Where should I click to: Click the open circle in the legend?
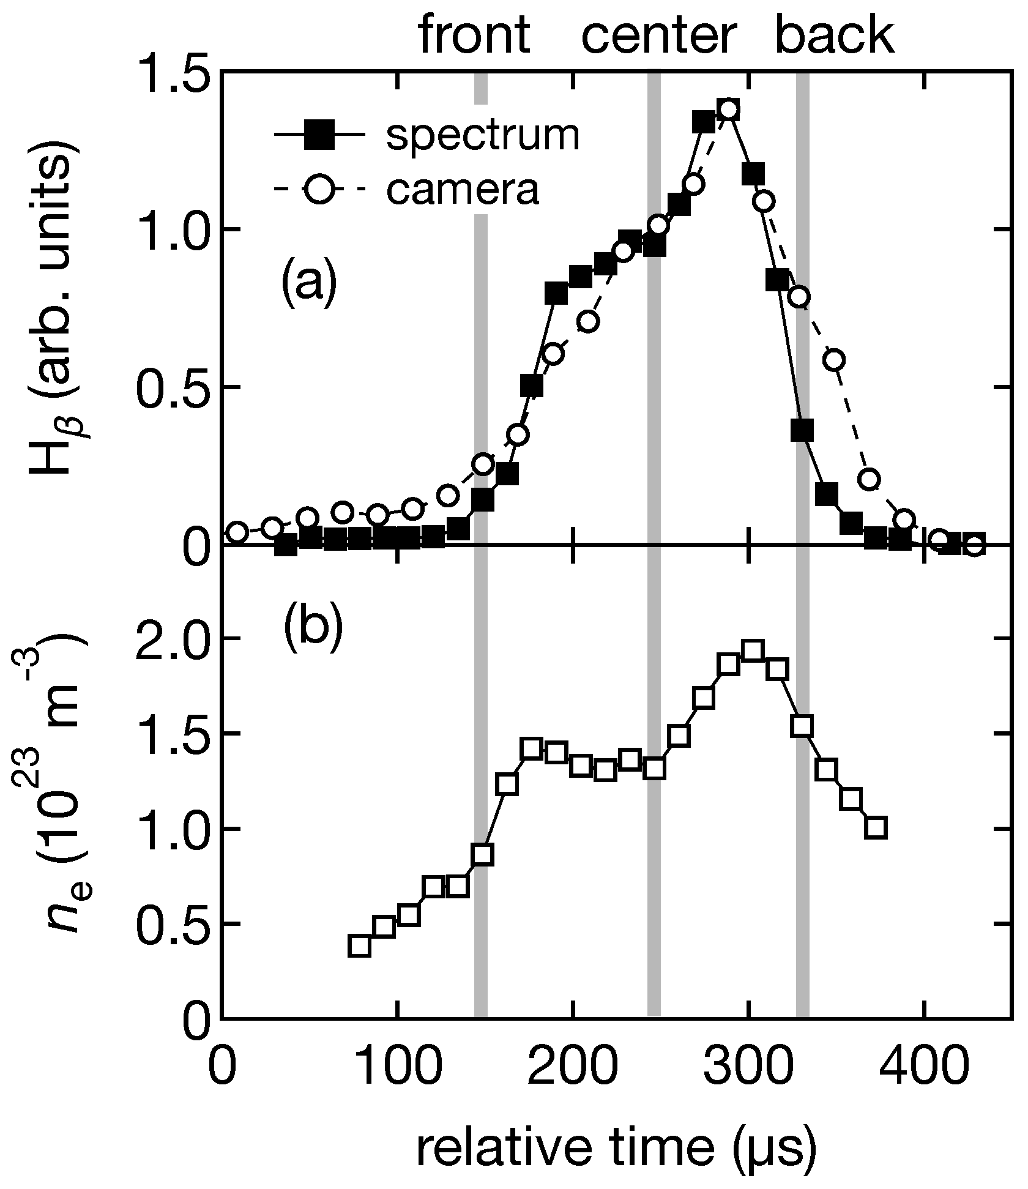pyautogui.click(x=319, y=190)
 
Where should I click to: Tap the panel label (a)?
pyautogui.click(x=309, y=278)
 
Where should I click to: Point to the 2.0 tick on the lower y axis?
pyautogui.click(x=169, y=639)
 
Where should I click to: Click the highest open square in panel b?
pyautogui.click(x=753, y=651)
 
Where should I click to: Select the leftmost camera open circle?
pyautogui.click(x=237, y=532)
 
